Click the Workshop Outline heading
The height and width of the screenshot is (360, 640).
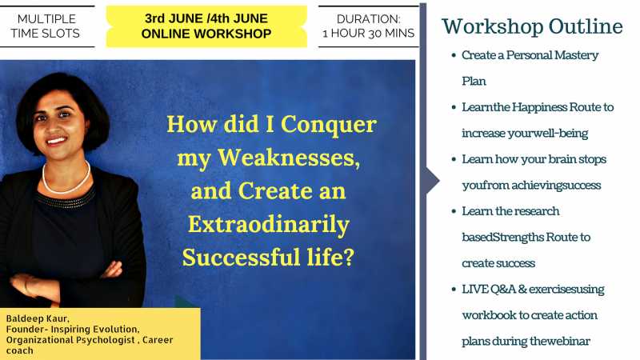(x=532, y=26)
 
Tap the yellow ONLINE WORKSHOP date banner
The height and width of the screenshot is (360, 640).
(x=206, y=26)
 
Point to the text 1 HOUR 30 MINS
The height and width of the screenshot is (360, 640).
(x=368, y=34)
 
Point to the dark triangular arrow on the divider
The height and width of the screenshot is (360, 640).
(x=432, y=180)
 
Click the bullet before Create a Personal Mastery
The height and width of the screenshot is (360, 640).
(x=453, y=56)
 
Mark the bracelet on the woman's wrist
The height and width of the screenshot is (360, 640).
(x=26, y=286)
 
